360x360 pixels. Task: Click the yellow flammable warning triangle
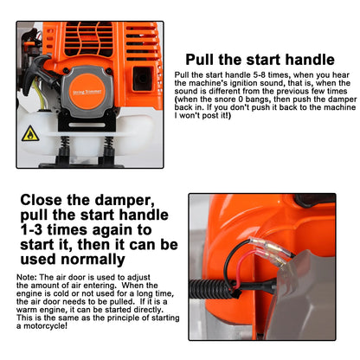point(29,132)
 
